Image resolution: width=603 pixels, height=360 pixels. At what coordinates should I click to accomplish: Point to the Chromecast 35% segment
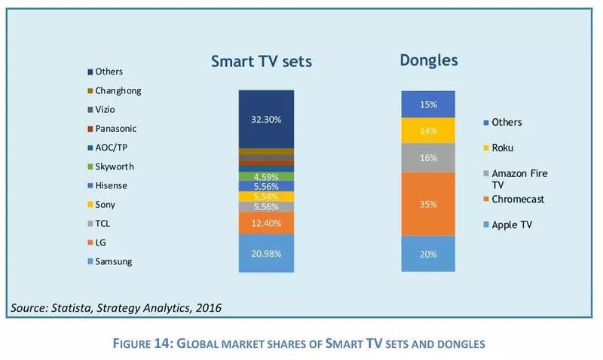pos(428,203)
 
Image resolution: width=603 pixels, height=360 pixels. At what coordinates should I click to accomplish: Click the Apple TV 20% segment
pos(428,254)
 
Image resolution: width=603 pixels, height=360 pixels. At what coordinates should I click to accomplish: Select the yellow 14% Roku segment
pos(428,130)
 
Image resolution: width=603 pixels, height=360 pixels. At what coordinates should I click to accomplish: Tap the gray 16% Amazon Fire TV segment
pos(428,157)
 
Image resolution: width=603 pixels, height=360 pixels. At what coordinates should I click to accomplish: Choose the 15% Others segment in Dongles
pos(428,104)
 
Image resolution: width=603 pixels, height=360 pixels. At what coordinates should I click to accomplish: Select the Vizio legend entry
pos(106,109)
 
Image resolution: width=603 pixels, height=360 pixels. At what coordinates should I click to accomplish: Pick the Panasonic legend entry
pos(115,128)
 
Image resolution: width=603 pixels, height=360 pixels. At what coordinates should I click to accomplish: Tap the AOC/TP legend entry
pos(110,147)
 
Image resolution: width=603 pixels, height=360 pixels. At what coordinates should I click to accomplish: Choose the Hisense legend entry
pos(111,185)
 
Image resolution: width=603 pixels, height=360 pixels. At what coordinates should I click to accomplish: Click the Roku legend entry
pos(504,148)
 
